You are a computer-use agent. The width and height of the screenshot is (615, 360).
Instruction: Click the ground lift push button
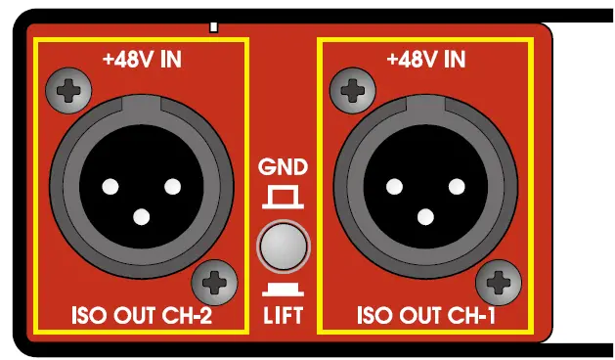282,245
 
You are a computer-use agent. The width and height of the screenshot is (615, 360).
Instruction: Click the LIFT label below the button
282,315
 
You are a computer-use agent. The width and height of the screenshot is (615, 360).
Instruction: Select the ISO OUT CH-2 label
143,316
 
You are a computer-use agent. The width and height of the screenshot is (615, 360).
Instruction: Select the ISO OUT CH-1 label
426,316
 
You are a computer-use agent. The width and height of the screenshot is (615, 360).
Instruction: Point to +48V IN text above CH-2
142,60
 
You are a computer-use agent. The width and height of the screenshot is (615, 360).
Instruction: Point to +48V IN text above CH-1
425,60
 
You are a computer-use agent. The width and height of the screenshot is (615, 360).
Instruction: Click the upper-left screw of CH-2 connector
67,92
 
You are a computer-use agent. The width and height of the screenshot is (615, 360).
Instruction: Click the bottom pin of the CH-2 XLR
142,217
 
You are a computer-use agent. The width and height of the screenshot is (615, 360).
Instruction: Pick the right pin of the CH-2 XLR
173,185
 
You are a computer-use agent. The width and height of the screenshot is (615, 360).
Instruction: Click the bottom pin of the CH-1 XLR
425,217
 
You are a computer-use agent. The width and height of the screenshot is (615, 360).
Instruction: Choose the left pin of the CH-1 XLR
394,185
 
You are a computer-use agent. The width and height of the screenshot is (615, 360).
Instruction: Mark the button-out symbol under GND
282,199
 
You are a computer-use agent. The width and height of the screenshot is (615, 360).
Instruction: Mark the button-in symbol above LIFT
282,290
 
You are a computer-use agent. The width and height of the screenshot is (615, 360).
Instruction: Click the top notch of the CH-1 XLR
425,105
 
